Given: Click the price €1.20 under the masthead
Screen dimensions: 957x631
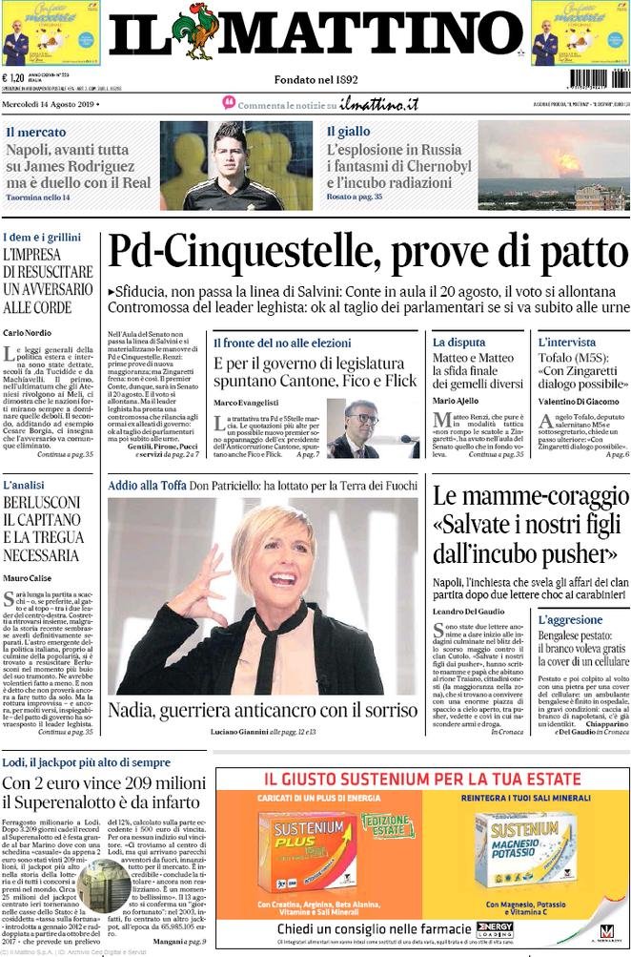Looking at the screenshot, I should pos(14,79).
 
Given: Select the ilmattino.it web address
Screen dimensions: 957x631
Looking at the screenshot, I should pos(379,104).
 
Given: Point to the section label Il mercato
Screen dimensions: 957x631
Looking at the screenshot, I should pos(36,132).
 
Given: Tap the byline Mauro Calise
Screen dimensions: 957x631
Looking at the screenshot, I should pos(28,577).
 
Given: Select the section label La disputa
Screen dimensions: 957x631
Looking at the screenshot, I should pos(458,342).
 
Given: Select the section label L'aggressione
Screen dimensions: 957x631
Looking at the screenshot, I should pos(570,619).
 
